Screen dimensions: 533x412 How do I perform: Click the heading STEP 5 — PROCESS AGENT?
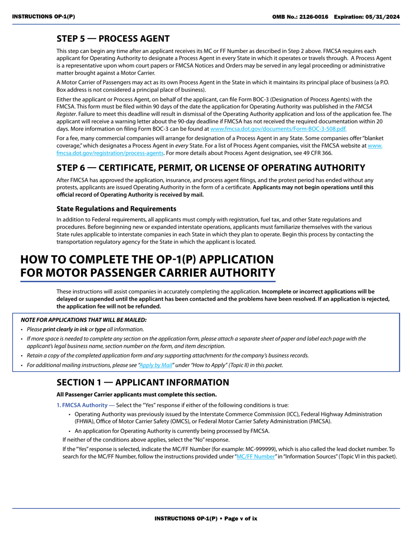(x=113, y=39)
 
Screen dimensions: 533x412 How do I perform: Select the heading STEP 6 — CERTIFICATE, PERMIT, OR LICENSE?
(x=211, y=168)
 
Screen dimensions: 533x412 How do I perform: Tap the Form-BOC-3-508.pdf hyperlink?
(x=278, y=129)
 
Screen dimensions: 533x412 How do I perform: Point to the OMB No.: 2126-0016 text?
(x=300, y=16)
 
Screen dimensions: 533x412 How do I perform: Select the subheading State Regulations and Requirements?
(x=116, y=209)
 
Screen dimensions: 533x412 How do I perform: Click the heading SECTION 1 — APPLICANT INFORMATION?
(x=143, y=382)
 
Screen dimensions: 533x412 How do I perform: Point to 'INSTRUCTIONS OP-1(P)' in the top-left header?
(x=43, y=16)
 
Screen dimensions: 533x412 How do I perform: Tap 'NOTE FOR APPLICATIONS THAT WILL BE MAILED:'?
(x=84, y=320)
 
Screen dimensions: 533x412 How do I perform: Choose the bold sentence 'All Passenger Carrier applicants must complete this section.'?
(x=137, y=394)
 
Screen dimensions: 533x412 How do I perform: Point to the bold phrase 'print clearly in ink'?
(x=65, y=329)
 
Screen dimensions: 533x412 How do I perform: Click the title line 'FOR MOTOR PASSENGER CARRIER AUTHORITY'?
(x=148, y=273)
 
